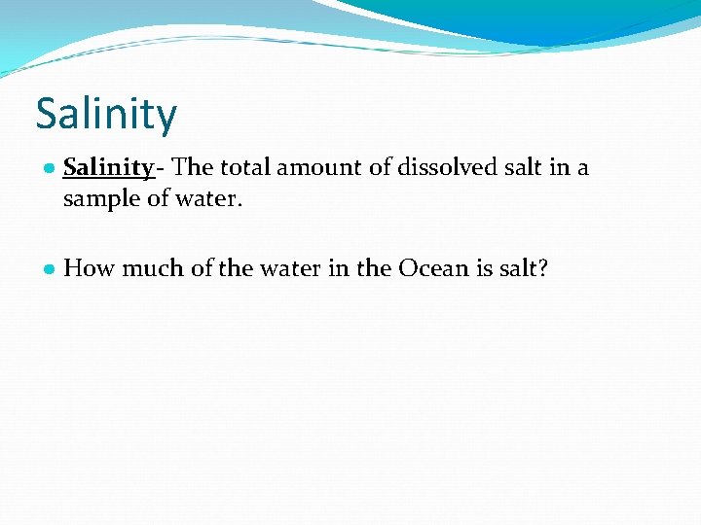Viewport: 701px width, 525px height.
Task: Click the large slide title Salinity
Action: pos(106,114)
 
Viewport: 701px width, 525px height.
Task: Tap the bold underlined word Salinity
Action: pos(108,168)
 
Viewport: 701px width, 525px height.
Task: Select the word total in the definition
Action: pos(244,168)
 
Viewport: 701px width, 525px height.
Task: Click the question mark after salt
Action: pos(543,268)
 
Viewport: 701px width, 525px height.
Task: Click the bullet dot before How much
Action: pos(48,269)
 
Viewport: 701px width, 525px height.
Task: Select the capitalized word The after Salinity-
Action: pos(193,168)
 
